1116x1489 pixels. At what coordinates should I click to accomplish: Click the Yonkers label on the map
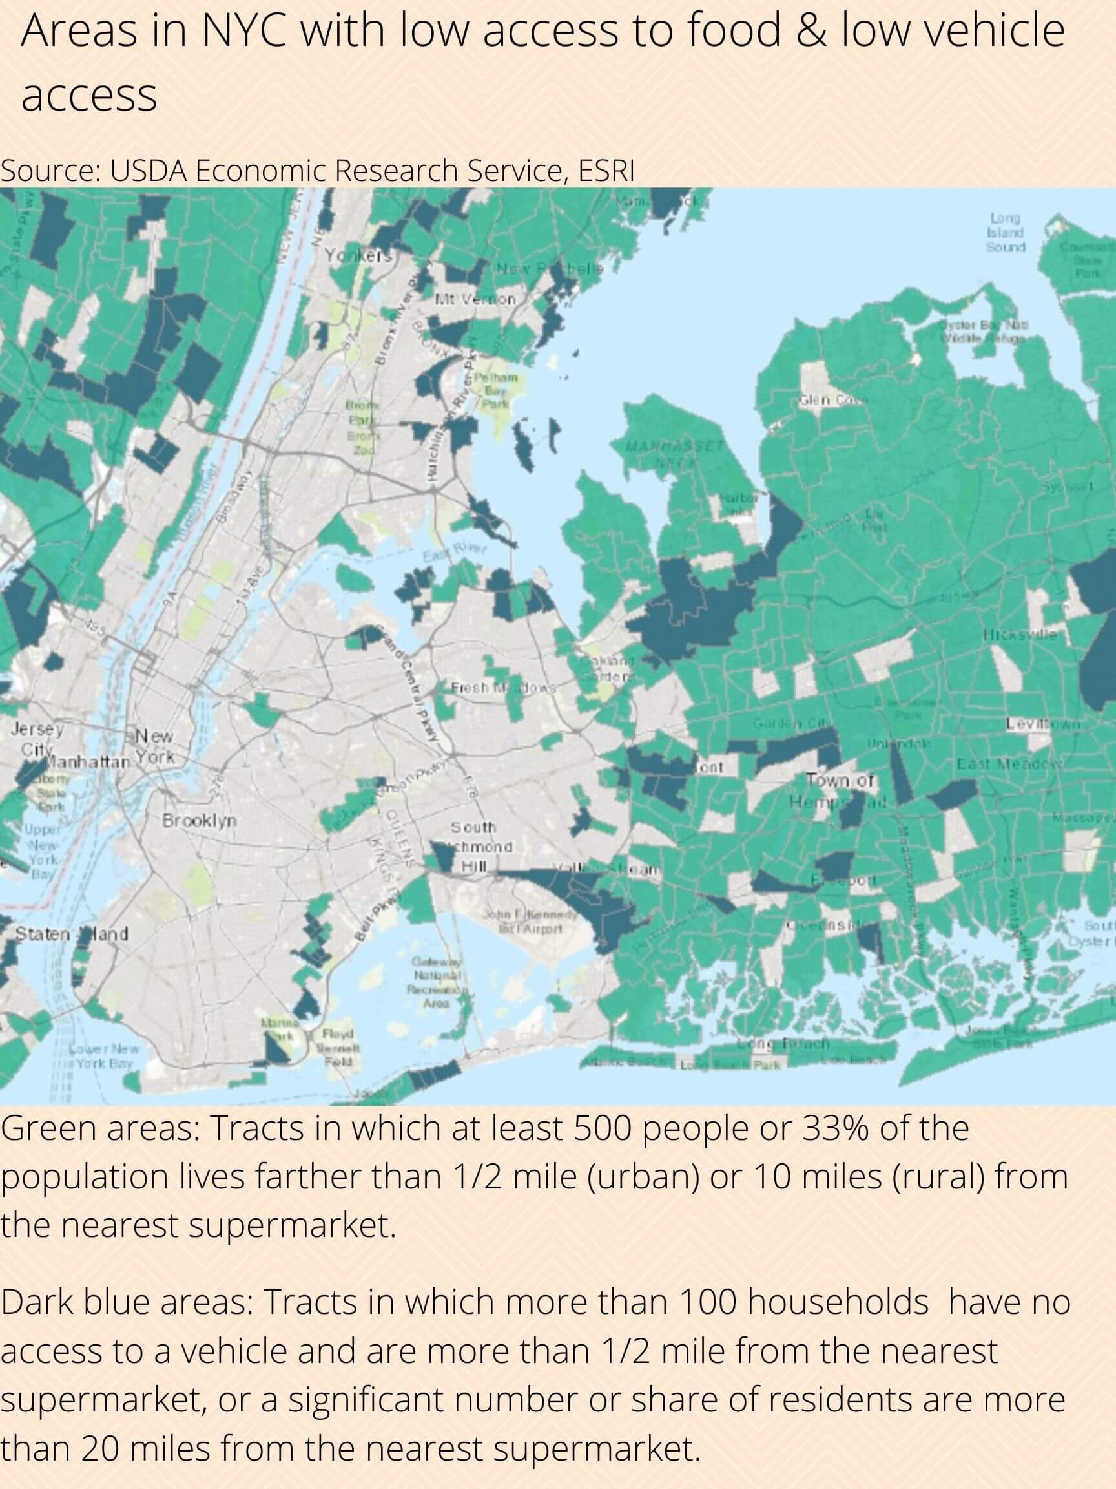pyautogui.click(x=357, y=256)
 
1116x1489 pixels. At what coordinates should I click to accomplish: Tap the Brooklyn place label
pyautogui.click(x=199, y=821)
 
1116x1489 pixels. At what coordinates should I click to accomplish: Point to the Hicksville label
pyautogui.click(x=1020, y=634)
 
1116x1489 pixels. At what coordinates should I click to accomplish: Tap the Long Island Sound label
pyautogui.click(x=1006, y=232)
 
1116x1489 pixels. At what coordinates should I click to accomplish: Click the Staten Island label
pyautogui.click(x=71, y=934)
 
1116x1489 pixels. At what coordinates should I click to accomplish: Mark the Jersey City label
pyautogui.click(x=37, y=739)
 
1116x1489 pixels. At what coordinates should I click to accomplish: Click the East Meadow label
pyautogui.click(x=1009, y=763)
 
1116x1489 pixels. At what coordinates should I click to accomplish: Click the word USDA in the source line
pyautogui.click(x=149, y=171)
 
